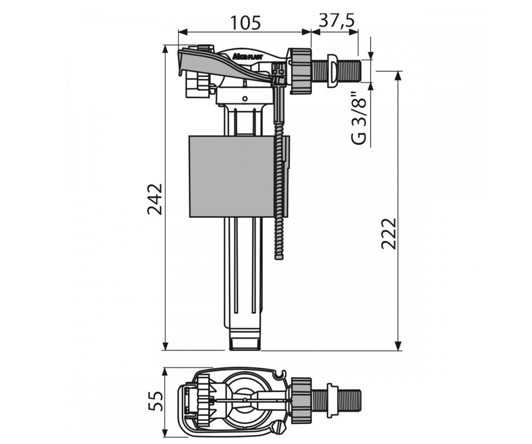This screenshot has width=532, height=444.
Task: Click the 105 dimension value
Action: pyautogui.click(x=245, y=23)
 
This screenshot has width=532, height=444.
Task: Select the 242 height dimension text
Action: pyautogui.click(x=155, y=199)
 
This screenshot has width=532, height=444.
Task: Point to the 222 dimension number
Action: pyautogui.click(x=388, y=234)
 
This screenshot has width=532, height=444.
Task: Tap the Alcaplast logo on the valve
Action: pyautogui.click(x=247, y=57)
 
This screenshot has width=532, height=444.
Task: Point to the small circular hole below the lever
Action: pyautogui.click(x=245, y=99)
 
